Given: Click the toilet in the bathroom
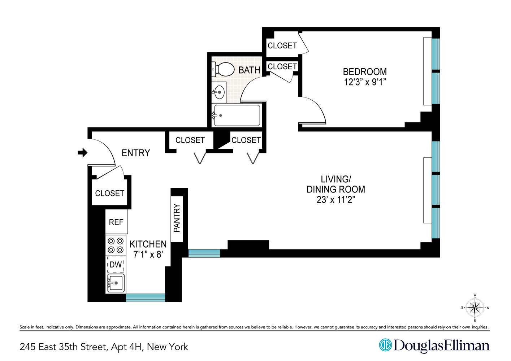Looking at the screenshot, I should click(225, 69).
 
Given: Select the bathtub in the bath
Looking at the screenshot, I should click(237, 116).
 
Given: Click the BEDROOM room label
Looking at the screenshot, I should click(365, 72).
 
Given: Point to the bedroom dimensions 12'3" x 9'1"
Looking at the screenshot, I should click(365, 82).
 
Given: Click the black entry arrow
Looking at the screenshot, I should click(83, 153).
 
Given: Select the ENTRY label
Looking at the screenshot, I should click(136, 153).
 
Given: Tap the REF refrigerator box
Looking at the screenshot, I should click(116, 222).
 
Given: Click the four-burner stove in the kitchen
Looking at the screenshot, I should click(116, 245).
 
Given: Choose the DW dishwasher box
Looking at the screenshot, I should click(116, 265).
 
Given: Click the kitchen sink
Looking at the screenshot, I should click(116, 283).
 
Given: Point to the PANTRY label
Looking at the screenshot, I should click(177, 218).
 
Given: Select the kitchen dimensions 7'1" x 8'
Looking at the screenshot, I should click(148, 255).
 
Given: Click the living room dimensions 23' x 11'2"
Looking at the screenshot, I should click(335, 200).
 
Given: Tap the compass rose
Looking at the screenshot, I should click(475, 308).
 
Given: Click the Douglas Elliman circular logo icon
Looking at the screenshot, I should click(385, 345).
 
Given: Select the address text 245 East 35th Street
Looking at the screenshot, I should click(64, 347).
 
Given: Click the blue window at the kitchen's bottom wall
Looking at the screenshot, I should click(145, 297).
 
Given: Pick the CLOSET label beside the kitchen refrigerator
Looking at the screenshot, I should click(110, 193).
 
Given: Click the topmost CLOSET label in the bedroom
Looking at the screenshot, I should click(282, 46).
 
